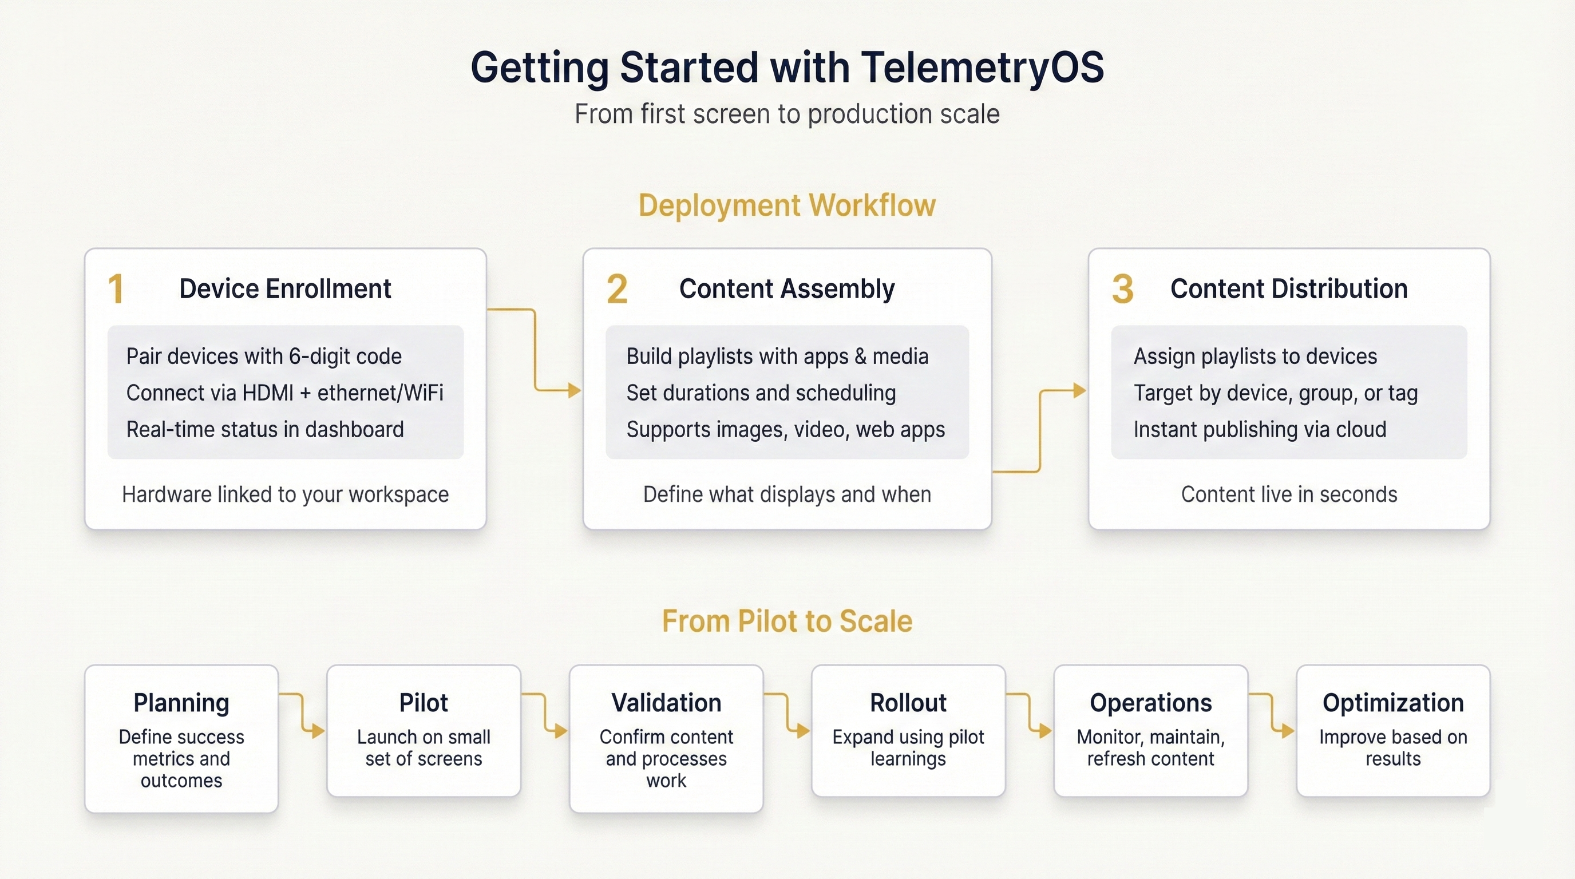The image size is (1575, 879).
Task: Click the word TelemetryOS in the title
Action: coord(982,67)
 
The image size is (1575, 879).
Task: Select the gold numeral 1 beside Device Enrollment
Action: coord(116,289)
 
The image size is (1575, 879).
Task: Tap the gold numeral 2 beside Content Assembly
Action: coord(617,289)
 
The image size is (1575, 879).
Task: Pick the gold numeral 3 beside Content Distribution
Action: coord(1122,289)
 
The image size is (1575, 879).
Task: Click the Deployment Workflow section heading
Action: coord(787,205)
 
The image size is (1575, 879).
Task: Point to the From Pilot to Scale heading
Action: coord(787,621)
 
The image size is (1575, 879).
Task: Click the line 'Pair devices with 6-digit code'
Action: coord(264,357)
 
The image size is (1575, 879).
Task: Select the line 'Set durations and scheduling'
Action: coord(761,393)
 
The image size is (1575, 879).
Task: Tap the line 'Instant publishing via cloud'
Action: coord(1260,430)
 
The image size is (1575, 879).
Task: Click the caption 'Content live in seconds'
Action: coord(1289,494)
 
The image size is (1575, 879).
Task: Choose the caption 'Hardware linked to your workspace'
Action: coord(285,494)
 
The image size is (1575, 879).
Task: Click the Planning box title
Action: coord(181,703)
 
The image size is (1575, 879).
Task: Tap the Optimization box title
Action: coord(1393,703)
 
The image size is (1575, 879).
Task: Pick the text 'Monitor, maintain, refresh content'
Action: coord(1150,747)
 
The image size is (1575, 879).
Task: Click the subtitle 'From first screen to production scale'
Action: coord(787,114)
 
